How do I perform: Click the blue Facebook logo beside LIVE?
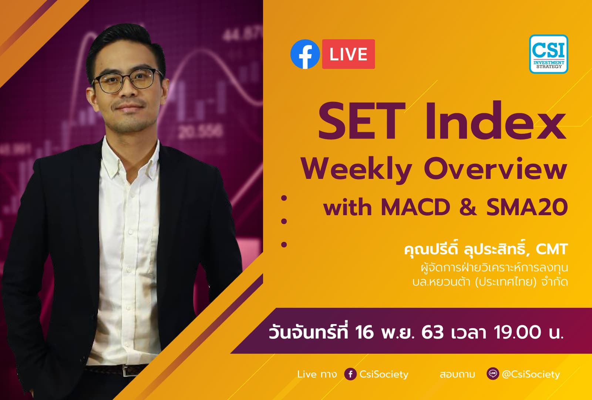[305, 54]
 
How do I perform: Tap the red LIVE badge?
[348, 54]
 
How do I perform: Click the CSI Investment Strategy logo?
[548, 54]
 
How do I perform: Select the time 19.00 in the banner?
[518, 332]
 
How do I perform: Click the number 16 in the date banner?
[364, 332]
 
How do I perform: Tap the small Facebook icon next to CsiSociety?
[350, 374]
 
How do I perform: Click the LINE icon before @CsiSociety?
[492, 374]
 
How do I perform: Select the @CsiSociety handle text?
[531, 374]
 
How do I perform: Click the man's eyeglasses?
[128, 80]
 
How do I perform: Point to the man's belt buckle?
[128, 371]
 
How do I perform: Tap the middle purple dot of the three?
[284, 221]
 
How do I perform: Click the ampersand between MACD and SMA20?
[468, 207]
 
